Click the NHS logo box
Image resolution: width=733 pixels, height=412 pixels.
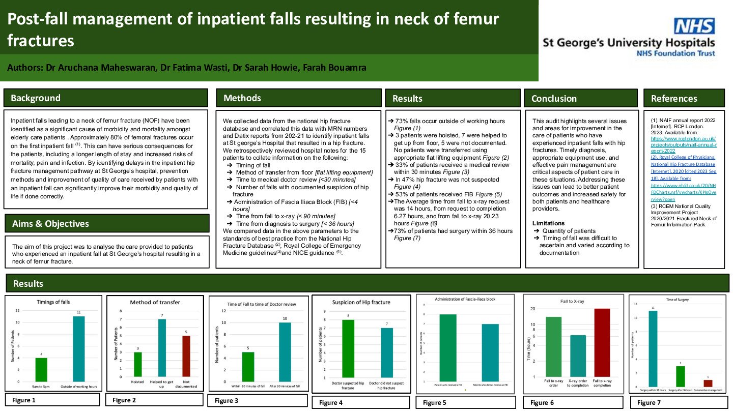pyautogui.click(x=694, y=26)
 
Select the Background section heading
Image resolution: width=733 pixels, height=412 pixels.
pyautogui.click(x=36, y=98)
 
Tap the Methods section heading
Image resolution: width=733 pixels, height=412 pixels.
pyautogui.click(x=242, y=98)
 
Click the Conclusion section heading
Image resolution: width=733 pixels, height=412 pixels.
pyautogui.click(x=554, y=99)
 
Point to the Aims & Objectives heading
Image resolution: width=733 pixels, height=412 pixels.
pyautogui.click(x=50, y=224)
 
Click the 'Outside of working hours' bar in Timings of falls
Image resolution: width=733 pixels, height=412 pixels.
pyautogui.click(x=78, y=349)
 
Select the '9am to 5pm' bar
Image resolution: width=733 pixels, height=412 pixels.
pyautogui.click(x=42, y=370)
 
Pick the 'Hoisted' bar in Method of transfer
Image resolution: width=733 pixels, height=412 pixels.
pyautogui.click(x=137, y=364)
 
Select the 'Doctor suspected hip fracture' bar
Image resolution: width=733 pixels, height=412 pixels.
pyautogui.click(x=348, y=348)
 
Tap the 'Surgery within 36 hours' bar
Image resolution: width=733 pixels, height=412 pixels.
pyautogui.click(x=653, y=349)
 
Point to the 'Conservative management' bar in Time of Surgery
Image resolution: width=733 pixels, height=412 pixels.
pyautogui.click(x=708, y=383)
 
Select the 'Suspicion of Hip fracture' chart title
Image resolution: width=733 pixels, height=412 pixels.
pyautogui.click(x=361, y=302)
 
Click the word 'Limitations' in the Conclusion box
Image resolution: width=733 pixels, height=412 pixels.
pyautogui.click(x=548, y=223)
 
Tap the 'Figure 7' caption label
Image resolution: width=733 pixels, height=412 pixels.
pyautogui.click(x=646, y=403)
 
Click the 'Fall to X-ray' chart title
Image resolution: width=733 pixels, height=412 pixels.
pyautogui.click(x=572, y=302)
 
